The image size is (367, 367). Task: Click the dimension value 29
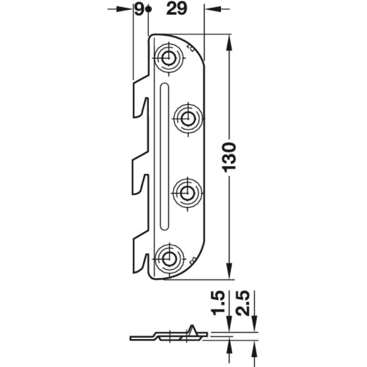point(177,9)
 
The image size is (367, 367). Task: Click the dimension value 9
point(139,10)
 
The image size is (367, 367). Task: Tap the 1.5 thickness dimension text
point(218,304)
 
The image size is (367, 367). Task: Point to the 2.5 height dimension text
point(242,304)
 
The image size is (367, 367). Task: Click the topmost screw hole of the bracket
point(168,58)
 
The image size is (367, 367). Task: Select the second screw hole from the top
point(188,119)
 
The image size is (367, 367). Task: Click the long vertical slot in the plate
point(164,156)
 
